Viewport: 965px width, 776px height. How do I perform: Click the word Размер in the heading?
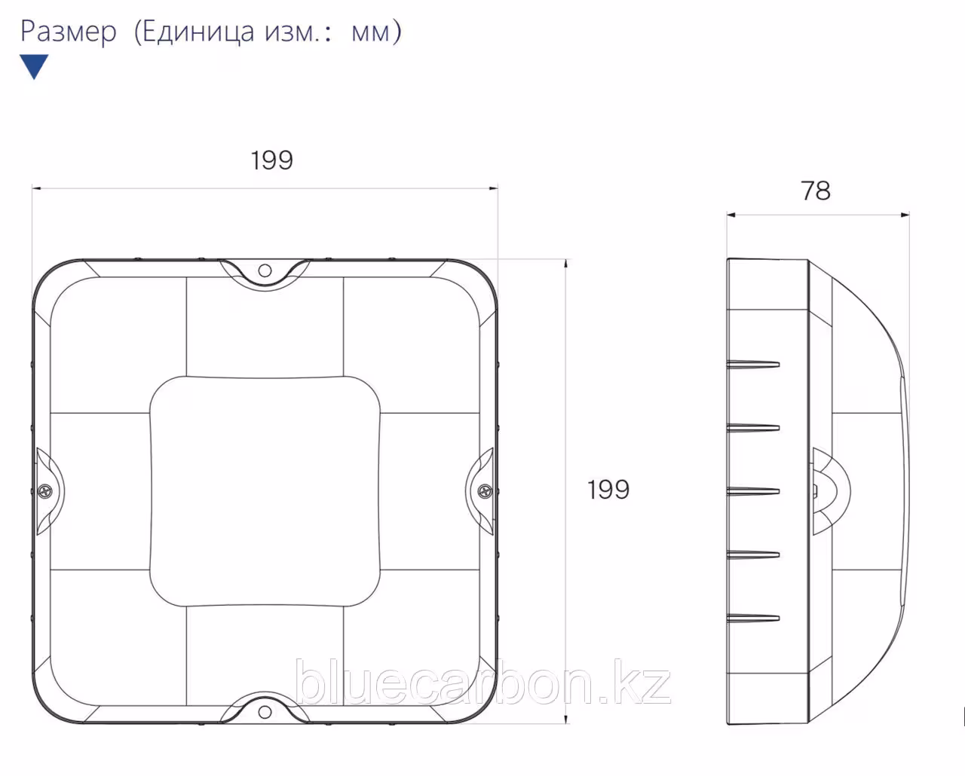pyautogui.click(x=69, y=32)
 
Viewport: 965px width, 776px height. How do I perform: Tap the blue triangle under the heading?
pyautogui.click(x=34, y=66)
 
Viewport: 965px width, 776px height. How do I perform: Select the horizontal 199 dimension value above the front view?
pyautogui.click(x=271, y=160)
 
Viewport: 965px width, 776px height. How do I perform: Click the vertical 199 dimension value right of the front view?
pyautogui.click(x=608, y=489)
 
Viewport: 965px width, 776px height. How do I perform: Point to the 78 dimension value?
pyautogui.click(x=816, y=191)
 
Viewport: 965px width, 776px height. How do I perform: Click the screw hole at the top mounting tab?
pyautogui.click(x=265, y=270)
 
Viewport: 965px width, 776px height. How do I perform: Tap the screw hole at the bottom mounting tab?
pyautogui.click(x=265, y=712)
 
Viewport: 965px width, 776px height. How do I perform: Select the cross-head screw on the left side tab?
pyautogui.click(x=45, y=491)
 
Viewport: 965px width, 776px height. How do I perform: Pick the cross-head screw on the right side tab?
pyautogui.click(x=485, y=491)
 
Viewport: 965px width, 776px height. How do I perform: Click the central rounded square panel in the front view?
pyautogui.click(x=265, y=491)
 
